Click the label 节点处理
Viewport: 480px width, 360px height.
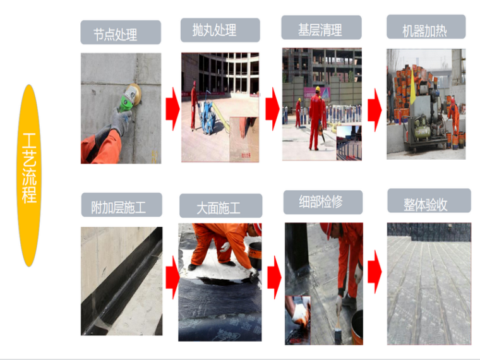[115, 35]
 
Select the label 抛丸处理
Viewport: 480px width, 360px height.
[214, 30]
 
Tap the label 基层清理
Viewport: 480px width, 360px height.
[320, 30]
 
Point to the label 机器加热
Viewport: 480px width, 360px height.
[424, 31]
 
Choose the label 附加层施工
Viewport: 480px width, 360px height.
[119, 207]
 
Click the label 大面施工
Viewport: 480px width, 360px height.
[219, 208]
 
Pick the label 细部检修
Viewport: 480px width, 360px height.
[321, 201]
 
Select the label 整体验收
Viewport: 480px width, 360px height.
[426, 205]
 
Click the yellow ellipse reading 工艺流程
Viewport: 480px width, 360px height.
[29, 176]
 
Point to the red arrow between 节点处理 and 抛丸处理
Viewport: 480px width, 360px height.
[172, 109]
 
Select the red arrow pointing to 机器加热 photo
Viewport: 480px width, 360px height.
[375, 110]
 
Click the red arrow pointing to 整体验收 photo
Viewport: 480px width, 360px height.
[375, 271]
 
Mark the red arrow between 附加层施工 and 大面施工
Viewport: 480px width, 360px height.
[172, 277]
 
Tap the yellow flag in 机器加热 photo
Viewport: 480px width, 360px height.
[413, 87]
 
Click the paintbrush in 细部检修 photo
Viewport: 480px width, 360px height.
[338, 329]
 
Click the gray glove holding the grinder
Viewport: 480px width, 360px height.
[121, 121]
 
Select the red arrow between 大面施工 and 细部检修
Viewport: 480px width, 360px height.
[274, 277]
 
